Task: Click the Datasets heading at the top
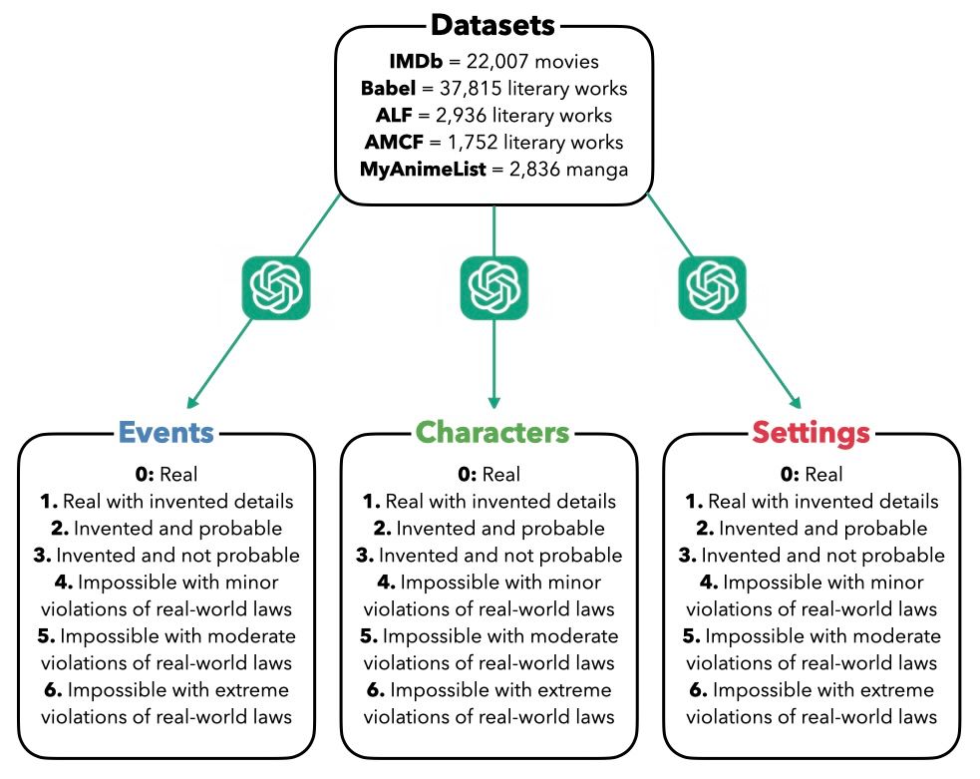point(493,23)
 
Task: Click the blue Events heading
point(165,432)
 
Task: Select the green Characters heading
point(492,432)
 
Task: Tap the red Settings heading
point(811,432)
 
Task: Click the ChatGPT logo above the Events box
point(276,288)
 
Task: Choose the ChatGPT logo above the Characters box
point(493,288)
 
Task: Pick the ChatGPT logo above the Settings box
point(712,288)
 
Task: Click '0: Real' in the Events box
point(165,474)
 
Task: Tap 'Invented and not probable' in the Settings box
point(822,555)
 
